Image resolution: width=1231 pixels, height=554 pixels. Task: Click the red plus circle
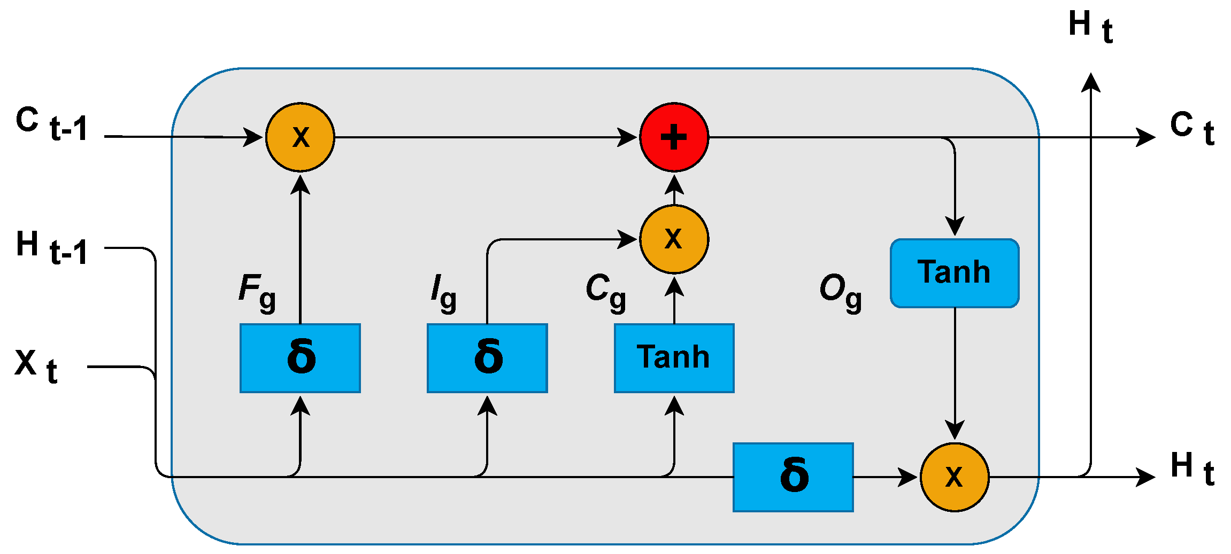click(x=674, y=137)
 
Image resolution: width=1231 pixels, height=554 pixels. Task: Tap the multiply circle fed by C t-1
click(x=300, y=137)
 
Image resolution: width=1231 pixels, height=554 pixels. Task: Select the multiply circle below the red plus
click(x=674, y=239)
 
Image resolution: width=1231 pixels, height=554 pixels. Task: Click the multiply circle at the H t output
click(x=955, y=477)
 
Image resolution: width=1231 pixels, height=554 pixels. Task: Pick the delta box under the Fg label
click(x=300, y=358)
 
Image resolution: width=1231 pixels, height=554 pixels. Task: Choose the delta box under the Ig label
click(x=487, y=358)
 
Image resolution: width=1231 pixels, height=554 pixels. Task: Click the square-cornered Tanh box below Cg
click(x=674, y=358)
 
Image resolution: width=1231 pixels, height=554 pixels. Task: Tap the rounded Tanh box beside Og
click(x=955, y=273)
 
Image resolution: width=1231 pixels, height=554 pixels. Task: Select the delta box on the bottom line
click(x=793, y=477)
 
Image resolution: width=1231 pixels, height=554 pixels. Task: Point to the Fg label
click(x=257, y=292)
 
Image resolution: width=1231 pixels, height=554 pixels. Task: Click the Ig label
click(x=443, y=292)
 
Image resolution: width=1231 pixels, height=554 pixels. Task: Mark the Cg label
click(x=605, y=292)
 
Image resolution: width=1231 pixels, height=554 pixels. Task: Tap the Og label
click(x=840, y=292)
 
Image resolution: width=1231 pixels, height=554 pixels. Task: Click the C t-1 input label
click(x=51, y=124)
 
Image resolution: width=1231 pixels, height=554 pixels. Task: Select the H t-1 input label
click(x=51, y=248)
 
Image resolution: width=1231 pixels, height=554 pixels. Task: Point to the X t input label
click(x=36, y=366)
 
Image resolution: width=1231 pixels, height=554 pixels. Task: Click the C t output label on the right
click(x=1192, y=128)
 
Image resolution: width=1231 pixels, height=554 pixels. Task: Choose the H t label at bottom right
click(x=1192, y=469)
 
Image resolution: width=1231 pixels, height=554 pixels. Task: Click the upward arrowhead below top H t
click(x=1090, y=83)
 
